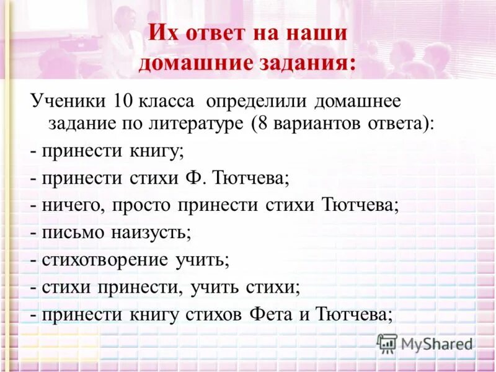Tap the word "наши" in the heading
click(317, 33)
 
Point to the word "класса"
click(170, 101)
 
